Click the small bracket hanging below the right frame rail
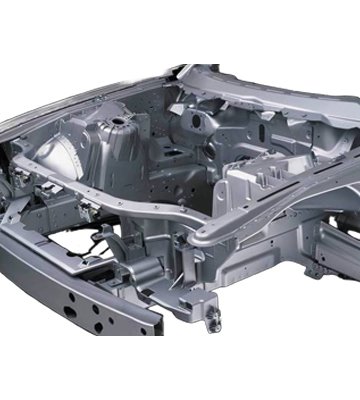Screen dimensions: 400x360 pyautogui.click(x=312, y=268)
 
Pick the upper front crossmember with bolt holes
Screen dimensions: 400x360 pyautogui.click(x=110, y=199)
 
